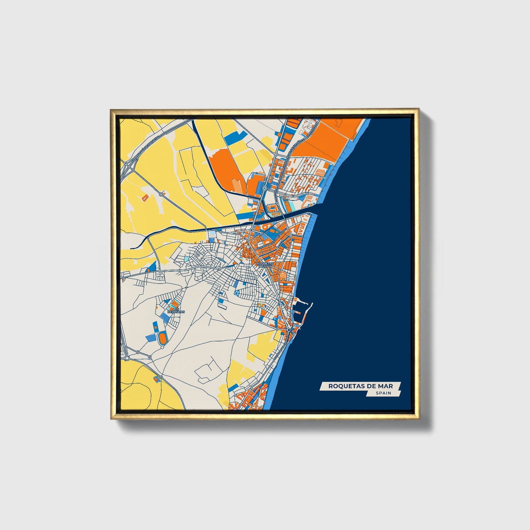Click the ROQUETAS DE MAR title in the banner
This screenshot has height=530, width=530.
pyautogui.click(x=360, y=386)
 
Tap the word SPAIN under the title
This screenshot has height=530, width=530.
pyautogui.click(x=383, y=393)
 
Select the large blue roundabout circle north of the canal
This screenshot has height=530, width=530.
pyautogui.click(x=264, y=188)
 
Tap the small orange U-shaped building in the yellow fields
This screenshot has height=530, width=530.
pyautogui.click(x=145, y=197)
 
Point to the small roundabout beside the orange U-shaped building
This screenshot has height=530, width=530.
pyautogui.click(x=161, y=193)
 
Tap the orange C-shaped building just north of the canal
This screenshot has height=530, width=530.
pyautogui.click(x=273, y=209)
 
